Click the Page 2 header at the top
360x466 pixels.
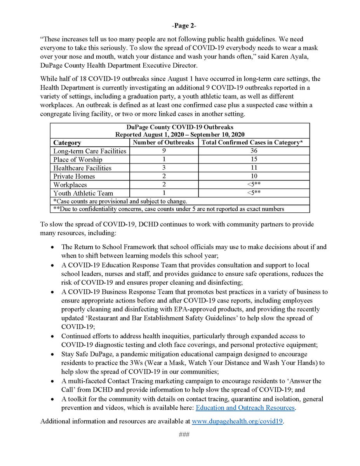click(x=180, y=26)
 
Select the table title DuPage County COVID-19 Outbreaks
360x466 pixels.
click(x=179, y=127)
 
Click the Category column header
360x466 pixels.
click(x=67, y=143)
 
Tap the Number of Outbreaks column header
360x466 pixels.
click(x=163, y=143)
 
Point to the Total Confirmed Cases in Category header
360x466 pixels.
click(x=254, y=143)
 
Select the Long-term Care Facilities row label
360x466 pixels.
click(x=90, y=151)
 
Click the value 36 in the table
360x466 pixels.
click(x=254, y=151)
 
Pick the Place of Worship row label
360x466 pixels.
click(x=78, y=160)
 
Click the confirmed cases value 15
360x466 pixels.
click(x=254, y=160)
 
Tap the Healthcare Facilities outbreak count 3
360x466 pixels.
click(x=163, y=168)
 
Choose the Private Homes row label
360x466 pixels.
click(x=74, y=176)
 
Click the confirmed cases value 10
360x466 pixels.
click(x=254, y=176)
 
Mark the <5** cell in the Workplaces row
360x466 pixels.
click(x=254, y=185)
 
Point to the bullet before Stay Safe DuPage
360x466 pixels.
click(x=53, y=355)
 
